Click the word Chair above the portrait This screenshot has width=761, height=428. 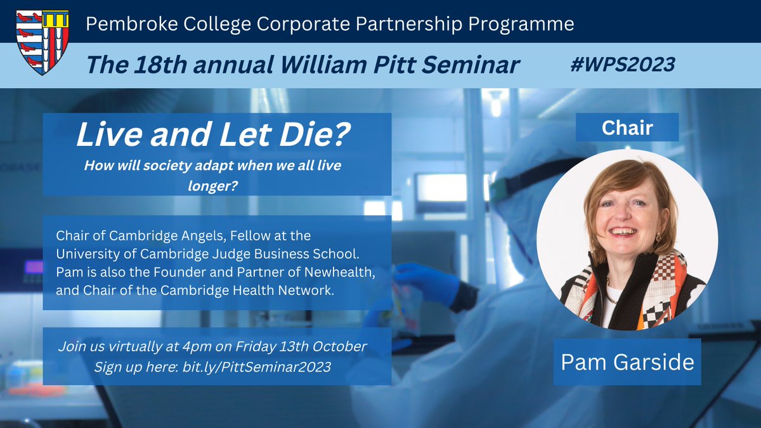tap(627, 127)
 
